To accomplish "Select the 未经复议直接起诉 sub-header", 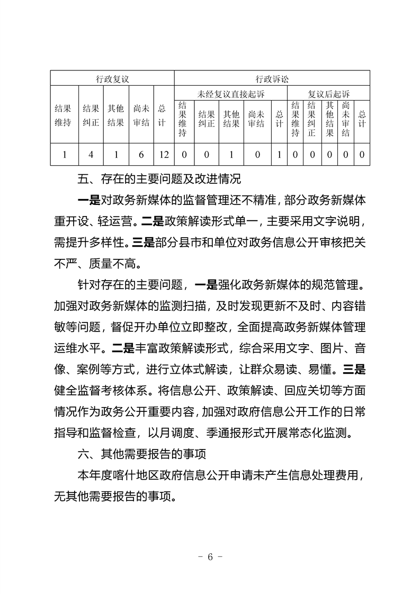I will [x=230, y=94].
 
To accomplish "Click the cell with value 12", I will [x=164, y=155].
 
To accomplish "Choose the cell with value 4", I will [x=91, y=155].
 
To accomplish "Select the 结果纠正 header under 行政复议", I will [x=91, y=116].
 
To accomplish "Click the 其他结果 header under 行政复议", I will [x=115, y=116].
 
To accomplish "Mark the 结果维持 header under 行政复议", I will [x=64, y=116].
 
